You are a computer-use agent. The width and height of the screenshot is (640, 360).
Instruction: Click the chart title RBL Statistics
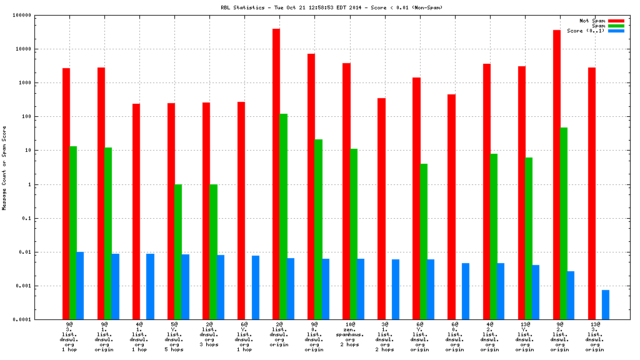(320, 7)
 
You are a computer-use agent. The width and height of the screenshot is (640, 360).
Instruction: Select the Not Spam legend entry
(592, 21)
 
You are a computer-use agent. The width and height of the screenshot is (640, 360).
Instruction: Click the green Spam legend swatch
(616, 26)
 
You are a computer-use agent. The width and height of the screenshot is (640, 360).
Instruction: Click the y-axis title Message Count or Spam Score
(4, 167)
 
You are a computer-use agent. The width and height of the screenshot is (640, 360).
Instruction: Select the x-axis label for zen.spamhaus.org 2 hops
(350, 334)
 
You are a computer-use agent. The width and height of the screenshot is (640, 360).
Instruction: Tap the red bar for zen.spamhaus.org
(346, 191)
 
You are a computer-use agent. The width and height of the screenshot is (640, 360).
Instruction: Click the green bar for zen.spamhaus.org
(354, 234)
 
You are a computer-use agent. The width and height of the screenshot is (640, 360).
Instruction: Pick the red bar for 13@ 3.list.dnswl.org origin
(591, 193)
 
